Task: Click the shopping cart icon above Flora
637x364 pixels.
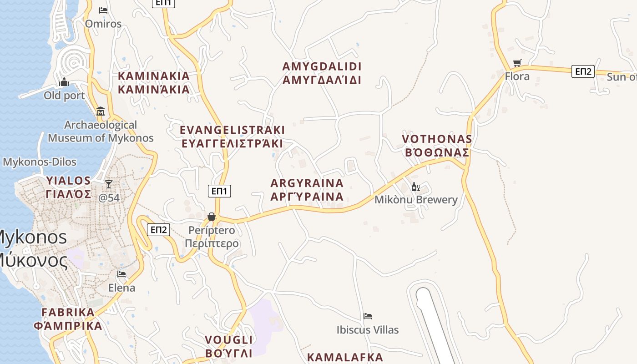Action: (517, 63)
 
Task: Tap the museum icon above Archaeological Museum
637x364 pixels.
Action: (101, 111)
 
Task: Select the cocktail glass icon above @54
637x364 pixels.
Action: (108, 184)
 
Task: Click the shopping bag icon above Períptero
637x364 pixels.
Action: (212, 217)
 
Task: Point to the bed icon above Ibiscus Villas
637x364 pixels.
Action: (368, 316)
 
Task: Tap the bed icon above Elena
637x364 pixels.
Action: (121, 274)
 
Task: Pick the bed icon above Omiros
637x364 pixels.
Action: (103, 10)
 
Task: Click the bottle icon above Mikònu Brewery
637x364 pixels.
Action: (415, 187)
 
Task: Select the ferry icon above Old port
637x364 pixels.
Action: (64, 82)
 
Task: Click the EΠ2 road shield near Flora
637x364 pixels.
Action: (583, 71)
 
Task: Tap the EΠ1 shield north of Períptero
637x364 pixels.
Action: (219, 191)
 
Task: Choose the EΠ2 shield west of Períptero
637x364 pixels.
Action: (158, 230)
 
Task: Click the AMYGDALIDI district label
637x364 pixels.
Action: (322, 66)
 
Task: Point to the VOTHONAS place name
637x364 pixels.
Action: (437, 139)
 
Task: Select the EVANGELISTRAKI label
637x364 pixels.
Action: (232, 130)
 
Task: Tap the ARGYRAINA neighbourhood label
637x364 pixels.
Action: (307, 183)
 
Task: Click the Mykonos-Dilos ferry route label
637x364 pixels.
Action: (40, 162)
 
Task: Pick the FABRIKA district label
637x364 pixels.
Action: (68, 313)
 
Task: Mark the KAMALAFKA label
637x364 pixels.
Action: (345, 357)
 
